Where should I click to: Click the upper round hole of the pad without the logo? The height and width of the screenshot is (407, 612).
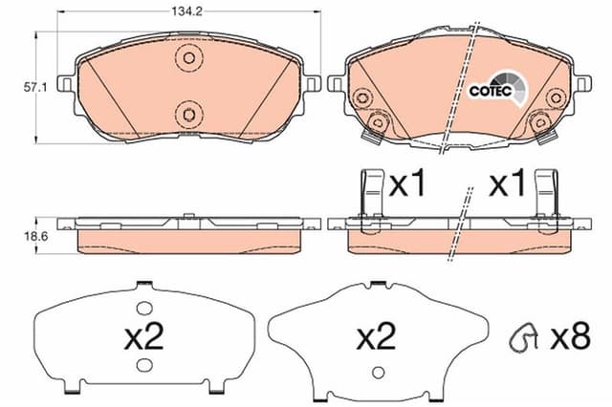pos(188,58)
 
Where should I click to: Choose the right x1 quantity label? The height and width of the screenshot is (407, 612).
pos(507,186)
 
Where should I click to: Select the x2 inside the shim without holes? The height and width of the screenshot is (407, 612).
pos(377,337)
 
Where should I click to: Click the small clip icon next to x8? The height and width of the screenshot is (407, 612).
pos(523,336)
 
